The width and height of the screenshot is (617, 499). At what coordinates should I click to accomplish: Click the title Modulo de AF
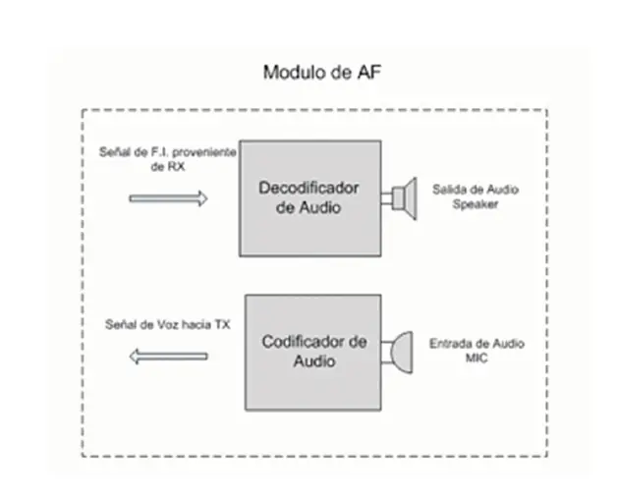coord(322,73)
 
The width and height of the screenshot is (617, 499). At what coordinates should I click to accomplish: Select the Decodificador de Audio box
coord(310,198)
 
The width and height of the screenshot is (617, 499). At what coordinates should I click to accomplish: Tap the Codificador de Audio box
coord(312,353)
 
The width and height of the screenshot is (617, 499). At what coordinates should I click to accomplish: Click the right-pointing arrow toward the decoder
coord(168,198)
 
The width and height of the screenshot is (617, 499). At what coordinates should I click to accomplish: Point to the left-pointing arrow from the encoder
coord(168,357)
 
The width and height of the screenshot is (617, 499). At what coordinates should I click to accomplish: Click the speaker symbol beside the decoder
coord(399,198)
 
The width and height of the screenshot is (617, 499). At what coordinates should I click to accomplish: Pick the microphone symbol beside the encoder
coord(398,353)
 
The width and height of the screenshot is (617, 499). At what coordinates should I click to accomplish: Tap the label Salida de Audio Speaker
coord(476,196)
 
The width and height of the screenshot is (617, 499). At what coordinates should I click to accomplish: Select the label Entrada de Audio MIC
coord(477,351)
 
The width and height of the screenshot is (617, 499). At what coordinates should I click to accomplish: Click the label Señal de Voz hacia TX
coord(168,325)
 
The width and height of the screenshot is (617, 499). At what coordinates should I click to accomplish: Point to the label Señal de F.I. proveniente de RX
coord(168,159)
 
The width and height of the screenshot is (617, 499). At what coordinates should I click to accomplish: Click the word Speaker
coord(476,204)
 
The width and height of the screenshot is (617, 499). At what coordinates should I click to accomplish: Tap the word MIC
coord(477,359)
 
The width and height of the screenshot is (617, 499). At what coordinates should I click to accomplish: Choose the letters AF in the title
coord(369,73)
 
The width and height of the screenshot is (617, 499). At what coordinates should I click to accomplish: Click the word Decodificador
coord(308,189)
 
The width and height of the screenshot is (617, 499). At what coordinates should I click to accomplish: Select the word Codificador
coord(303,342)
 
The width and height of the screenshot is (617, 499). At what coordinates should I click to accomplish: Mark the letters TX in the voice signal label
coord(222,325)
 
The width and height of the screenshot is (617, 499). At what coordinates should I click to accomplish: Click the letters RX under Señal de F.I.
coord(176,167)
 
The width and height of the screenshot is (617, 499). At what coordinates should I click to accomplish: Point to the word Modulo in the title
coord(292,73)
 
